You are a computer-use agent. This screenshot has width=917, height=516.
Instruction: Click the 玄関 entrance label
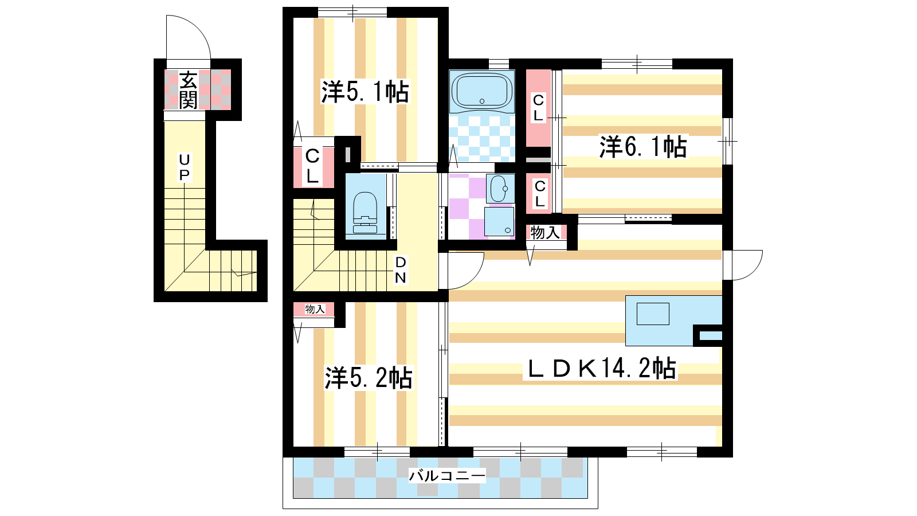(x=189, y=90)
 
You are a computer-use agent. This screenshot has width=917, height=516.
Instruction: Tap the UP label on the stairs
(x=185, y=167)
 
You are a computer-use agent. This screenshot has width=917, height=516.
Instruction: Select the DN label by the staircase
(x=400, y=270)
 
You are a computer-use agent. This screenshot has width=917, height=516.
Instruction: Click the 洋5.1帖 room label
(x=365, y=92)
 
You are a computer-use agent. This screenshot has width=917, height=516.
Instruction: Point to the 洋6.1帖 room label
(x=643, y=147)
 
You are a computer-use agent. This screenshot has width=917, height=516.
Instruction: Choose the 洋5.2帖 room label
(x=369, y=377)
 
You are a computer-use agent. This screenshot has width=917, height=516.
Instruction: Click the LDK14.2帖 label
(x=601, y=368)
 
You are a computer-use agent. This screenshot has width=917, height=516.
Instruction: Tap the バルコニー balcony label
(x=447, y=475)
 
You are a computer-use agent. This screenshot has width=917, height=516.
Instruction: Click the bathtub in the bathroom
(x=482, y=92)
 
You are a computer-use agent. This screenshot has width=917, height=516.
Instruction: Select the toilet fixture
(x=365, y=212)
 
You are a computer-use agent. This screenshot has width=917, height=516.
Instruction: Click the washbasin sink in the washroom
(x=499, y=189)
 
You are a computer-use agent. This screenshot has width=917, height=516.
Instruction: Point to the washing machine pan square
(x=499, y=221)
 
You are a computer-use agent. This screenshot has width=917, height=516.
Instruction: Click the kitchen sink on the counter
(x=653, y=314)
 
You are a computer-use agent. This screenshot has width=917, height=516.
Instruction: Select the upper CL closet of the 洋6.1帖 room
(x=538, y=108)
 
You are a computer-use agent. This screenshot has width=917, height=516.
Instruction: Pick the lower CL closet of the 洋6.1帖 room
(x=539, y=194)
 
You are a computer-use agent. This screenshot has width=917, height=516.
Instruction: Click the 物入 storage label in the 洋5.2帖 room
(x=315, y=309)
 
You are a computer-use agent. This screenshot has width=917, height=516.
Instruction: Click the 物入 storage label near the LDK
(x=545, y=232)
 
